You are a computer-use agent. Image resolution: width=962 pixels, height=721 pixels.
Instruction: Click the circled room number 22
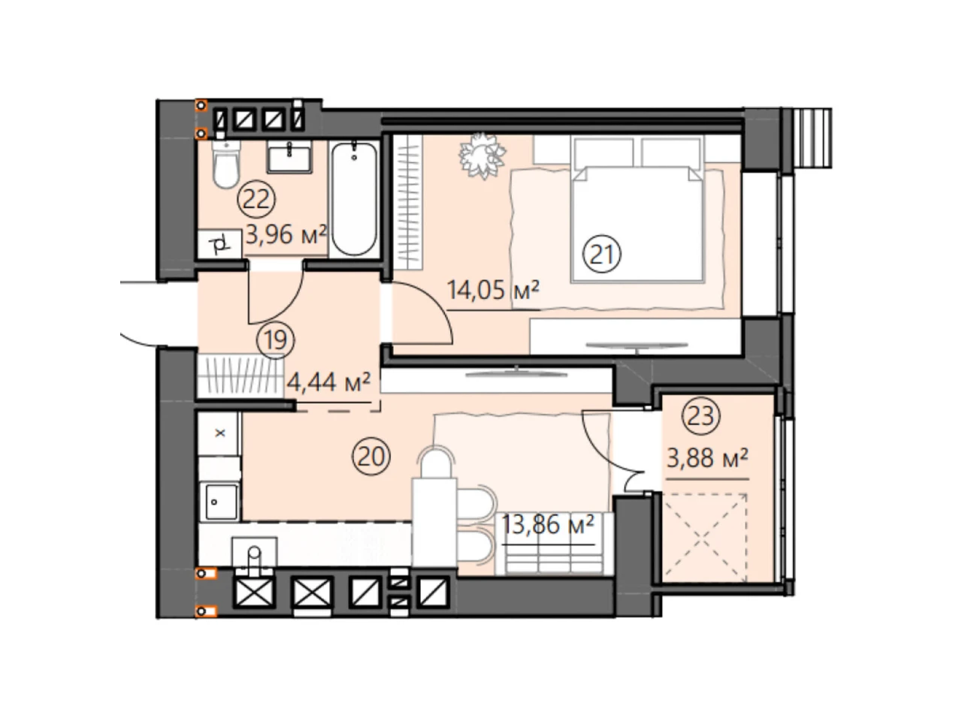(256, 199)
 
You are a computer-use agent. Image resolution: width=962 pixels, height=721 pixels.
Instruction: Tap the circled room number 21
(601, 254)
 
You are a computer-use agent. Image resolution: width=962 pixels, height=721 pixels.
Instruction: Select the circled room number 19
(276, 339)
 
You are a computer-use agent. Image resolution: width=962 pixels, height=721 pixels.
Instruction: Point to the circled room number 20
(371, 457)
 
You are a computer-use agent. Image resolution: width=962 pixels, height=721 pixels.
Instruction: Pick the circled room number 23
(700, 415)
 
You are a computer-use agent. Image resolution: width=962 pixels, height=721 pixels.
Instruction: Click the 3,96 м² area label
(286, 234)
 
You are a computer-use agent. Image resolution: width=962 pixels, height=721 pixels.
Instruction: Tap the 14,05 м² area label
(492, 290)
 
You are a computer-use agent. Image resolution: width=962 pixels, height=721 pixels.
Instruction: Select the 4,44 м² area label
(328, 382)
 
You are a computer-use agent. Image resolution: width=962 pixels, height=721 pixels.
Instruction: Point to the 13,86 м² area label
(547, 523)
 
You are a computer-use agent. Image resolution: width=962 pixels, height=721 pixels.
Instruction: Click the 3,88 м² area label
(707, 459)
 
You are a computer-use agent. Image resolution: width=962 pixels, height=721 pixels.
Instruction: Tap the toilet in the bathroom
(226, 164)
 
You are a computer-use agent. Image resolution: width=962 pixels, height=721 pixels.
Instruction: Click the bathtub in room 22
(354, 198)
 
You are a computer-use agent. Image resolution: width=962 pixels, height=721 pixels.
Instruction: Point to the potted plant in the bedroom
(482, 155)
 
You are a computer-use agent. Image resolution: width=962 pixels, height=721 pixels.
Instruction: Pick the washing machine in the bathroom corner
(219, 244)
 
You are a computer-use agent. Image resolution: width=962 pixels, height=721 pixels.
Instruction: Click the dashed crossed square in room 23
(705, 537)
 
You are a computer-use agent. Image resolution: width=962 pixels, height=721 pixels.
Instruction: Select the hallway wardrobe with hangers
(240, 376)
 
